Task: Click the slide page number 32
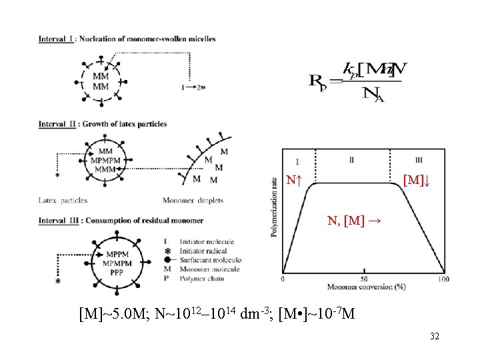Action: pos(435,337)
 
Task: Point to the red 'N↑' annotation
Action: pos(295,180)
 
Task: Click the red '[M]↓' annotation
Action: pos(417,180)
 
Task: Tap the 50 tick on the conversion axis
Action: pos(365,279)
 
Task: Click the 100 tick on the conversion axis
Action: pos(444,279)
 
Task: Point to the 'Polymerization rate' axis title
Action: pos(275,207)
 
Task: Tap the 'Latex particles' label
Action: pos(63,200)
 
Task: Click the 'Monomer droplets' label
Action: pos(193,200)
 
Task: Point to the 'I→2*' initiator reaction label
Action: pos(193,87)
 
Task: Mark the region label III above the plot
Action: pos(418,161)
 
